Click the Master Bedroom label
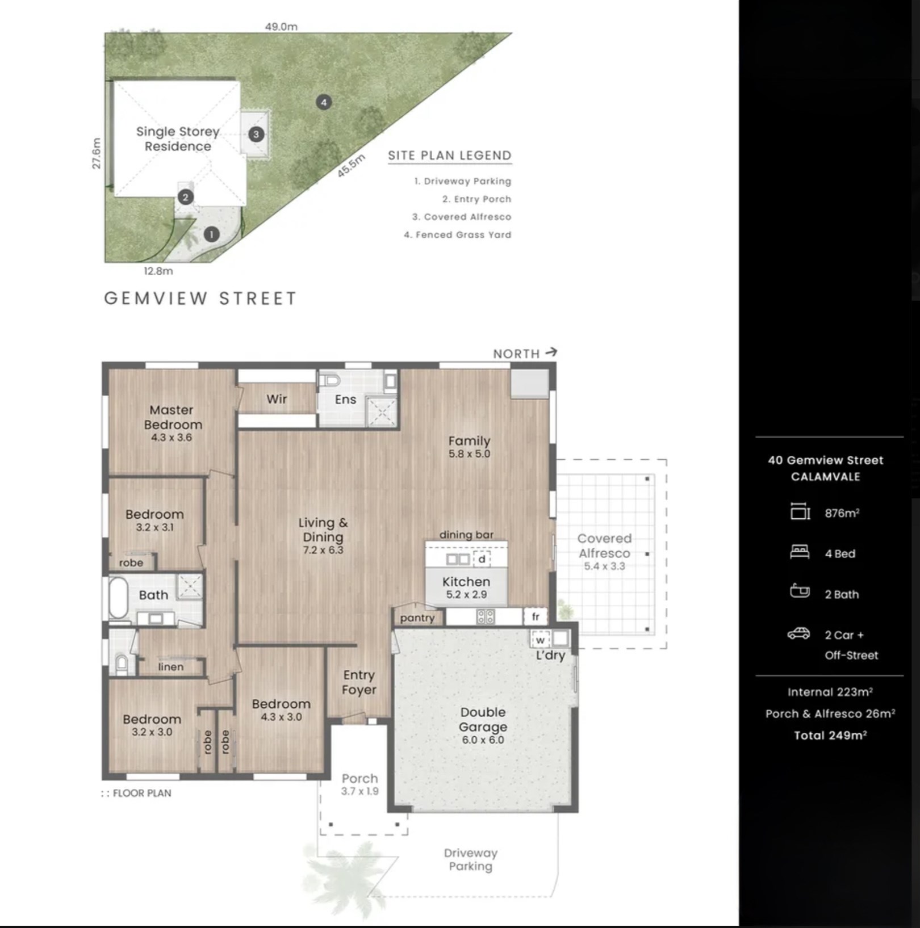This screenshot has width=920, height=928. [x=173, y=417]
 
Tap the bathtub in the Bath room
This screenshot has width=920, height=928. [x=119, y=597]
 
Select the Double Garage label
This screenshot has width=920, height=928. [x=483, y=719]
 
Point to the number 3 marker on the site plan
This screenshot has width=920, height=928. [x=256, y=135]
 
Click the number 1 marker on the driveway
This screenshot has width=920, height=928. [x=211, y=234]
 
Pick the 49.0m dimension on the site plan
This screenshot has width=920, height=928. [x=281, y=27]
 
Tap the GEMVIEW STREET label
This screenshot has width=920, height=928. [x=200, y=299]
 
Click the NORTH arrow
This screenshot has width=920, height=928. [x=551, y=352]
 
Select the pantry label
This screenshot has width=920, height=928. [x=417, y=618]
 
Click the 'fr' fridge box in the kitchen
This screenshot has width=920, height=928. [x=535, y=616]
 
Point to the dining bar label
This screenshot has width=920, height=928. [x=466, y=535]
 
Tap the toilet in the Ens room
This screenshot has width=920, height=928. [x=329, y=380]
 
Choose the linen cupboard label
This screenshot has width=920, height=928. [x=171, y=667]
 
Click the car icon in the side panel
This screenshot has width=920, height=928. [x=798, y=633]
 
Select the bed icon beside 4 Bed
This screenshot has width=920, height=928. [x=800, y=552]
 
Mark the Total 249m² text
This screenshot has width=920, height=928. [x=830, y=736]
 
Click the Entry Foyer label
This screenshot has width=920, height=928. [x=359, y=682]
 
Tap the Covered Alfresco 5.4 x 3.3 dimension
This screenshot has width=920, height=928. [x=604, y=566]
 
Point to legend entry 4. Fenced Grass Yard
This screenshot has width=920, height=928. [x=458, y=235]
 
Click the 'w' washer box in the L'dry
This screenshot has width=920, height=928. [x=540, y=640]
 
